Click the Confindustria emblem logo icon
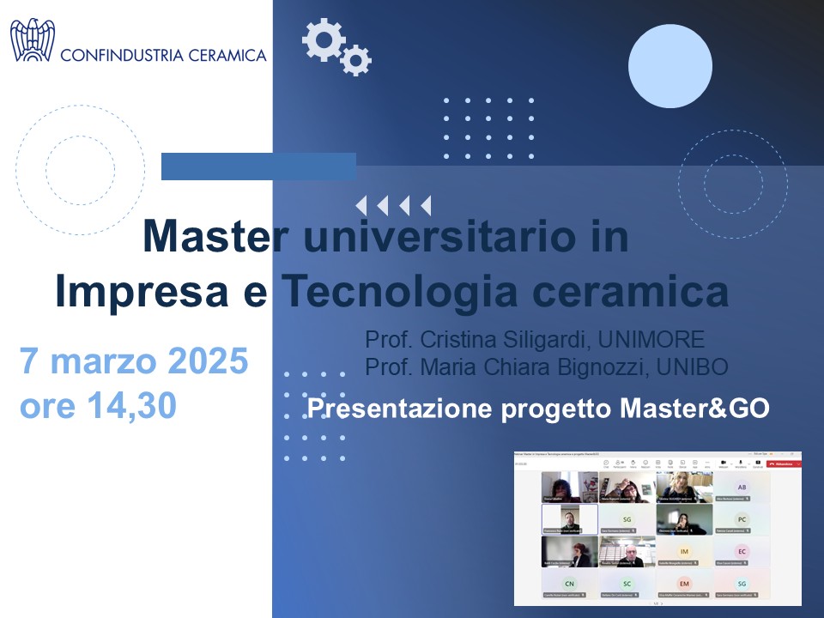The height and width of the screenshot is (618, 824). [x=33, y=40]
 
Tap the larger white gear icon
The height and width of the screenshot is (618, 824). [x=324, y=39]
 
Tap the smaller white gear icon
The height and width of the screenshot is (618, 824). [x=355, y=59]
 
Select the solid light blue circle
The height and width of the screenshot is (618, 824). [x=670, y=66]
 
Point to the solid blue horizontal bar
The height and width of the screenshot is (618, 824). [x=258, y=167]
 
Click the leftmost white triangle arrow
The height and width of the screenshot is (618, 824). [x=361, y=206]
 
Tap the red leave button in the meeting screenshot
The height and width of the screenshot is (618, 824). [x=784, y=463]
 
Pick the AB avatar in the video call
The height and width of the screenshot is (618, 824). [x=742, y=487]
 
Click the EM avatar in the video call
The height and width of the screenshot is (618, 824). [x=684, y=584]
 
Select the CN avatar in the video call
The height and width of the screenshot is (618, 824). [x=569, y=584]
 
